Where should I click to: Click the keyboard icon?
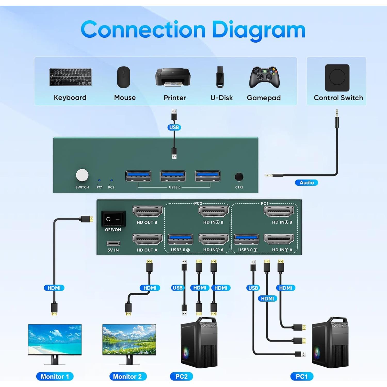pyautogui.click(x=70, y=77)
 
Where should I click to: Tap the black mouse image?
pyautogui.click(x=124, y=77)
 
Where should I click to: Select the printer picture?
pyautogui.click(x=173, y=77)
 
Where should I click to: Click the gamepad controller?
pyautogui.click(x=264, y=77)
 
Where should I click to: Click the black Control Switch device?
pyautogui.click(x=337, y=78)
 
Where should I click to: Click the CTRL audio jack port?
pyautogui.click(x=239, y=177)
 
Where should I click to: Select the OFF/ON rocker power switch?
pyautogui.click(x=113, y=219)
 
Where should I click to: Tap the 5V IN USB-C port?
pyautogui.click(x=113, y=243)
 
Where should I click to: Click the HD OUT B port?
pyautogui.click(x=148, y=212)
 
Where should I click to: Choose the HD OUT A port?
pyautogui.click(x=148, y=239)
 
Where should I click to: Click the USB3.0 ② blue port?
pyautogui.click(x=180, y=239)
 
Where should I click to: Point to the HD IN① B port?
pyautogui.click(x=279, y=212)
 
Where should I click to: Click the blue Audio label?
pyautogui.click(x=307, y=183)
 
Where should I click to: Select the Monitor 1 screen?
pyautogui.click(x=55, y=340)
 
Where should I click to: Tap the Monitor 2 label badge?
pyautogui.click(x=128, y=376)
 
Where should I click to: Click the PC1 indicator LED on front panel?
pyautogui.click(x=99, y=180)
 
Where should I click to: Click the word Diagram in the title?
pyautogui.click(x=259, y=30)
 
